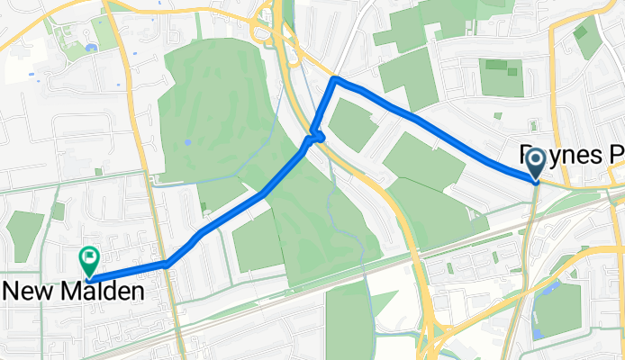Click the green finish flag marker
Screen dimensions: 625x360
(89, 261)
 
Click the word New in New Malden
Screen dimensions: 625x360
(30, 292)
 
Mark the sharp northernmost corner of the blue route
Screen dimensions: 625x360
(335, 80)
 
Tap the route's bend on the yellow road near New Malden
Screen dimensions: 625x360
(168, 264)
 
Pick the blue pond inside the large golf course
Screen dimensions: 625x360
(186, 142)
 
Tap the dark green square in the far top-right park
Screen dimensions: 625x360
(580, 31)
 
